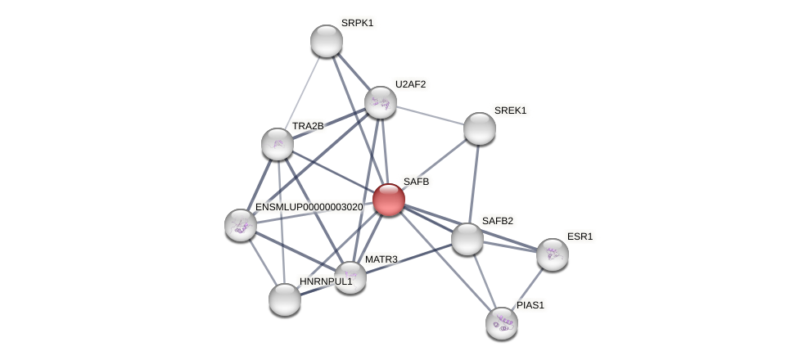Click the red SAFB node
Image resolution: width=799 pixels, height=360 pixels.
[389, 200]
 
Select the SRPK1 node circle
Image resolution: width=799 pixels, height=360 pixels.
[327, 41]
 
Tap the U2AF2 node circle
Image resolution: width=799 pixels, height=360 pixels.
[381, 102]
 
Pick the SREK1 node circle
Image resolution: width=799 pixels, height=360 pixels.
[480, 128]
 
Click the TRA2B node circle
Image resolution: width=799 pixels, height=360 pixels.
[278, 144]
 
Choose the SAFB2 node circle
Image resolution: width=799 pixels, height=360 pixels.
[467, 239]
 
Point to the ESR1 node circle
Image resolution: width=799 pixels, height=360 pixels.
[553, 254]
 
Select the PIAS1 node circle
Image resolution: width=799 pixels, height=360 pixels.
[502, 323]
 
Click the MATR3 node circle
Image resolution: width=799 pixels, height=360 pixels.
[350, 277]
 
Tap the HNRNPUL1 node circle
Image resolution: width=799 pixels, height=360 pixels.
[285, 299]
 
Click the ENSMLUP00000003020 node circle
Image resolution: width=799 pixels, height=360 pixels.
[241, 225]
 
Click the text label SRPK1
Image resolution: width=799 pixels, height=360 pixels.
[357, 23]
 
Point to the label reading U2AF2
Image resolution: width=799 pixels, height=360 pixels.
[410, 84]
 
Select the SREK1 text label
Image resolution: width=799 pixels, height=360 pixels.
[510, 110]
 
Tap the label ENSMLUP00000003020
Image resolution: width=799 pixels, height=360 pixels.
[309, 207]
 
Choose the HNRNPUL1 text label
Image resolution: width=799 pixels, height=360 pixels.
[325, 281]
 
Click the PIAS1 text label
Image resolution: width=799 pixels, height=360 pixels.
[530, 305]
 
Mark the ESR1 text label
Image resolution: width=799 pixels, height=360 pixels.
[580, 236]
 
